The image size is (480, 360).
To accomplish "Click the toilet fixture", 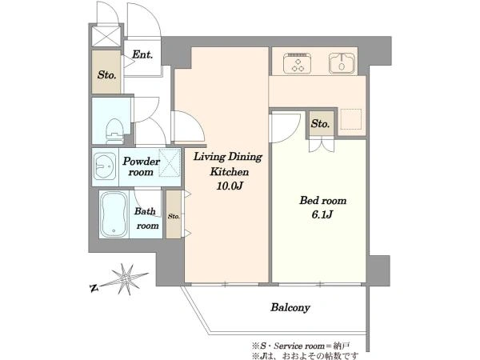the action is [x=114, y=131].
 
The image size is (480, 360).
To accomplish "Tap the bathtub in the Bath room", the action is [x=114, y=214].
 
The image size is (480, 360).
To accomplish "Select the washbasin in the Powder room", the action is [x=104, y=167].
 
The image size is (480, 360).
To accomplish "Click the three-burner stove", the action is [x=298, y=63].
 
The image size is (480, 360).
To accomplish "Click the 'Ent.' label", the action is [x=142, y=54].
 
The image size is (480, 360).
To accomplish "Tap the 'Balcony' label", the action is [x=290, y=307].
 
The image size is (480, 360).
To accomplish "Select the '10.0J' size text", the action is [x=230, y=186].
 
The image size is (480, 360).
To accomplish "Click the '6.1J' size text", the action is [x=322, y=214].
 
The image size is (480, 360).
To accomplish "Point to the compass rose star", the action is [x=126, y=279].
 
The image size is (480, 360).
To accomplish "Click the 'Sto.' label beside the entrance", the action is [x=107, y=74].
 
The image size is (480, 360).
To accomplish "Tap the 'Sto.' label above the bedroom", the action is [x=320, y=124].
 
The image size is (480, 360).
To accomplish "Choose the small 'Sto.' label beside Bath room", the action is [x=174, y=216].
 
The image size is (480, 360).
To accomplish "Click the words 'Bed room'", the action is [x=323, y=201].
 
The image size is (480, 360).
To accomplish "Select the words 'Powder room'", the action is [x=141, y=166].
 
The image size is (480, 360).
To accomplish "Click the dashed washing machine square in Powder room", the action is [x=170, y=162].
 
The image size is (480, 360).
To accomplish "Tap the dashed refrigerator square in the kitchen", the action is [x=351, y=118].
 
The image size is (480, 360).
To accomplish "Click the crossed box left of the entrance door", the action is [x=106, y=37].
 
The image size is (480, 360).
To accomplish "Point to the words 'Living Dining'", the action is [x=228, y=157].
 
